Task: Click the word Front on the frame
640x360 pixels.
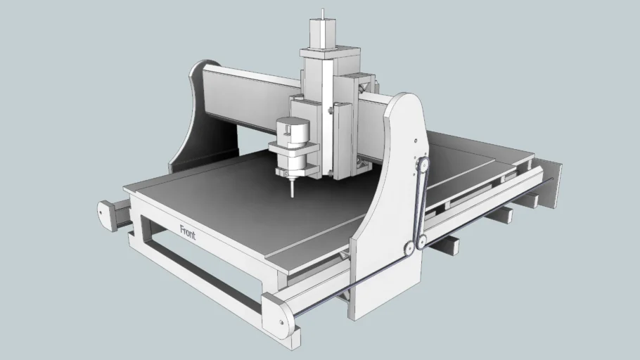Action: pyautogui.click(x=188, y=233)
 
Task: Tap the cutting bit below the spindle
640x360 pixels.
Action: pyautogui.click(x=290, y=188)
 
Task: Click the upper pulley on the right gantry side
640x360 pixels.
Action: pyautogui.click(x=422, y=163)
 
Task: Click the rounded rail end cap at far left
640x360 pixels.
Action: pyautogui.click(x=108, y=214)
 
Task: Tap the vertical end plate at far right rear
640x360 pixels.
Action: pyautogui.click(x=553, y=184)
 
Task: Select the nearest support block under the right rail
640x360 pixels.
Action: pyautogui.click(x=447, y=245)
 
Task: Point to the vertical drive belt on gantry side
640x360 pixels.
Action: pyautogui.click(x=416, y=204)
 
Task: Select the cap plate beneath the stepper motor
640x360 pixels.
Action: pyautogui.click(x=324, y=53)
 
